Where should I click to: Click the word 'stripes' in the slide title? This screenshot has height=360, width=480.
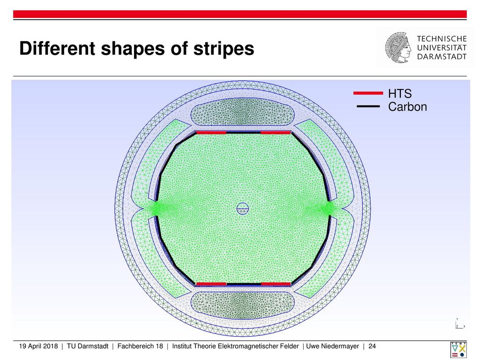coord(224,49)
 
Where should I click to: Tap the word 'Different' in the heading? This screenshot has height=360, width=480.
coord(57,48)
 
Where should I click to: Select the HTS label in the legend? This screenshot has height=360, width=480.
coord(400,93)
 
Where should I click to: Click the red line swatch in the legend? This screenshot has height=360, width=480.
coord(368,93)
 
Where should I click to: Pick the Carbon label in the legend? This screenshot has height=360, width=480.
coord(407,106)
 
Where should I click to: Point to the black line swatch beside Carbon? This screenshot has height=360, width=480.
coord(368,106)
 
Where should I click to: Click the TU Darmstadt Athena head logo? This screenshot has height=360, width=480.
coord(398,47)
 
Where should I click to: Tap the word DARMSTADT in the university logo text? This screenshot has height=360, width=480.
coord(442,57)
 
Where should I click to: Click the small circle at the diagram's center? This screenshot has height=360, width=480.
coord(242,209)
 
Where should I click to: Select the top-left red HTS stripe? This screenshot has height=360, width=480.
coord(211,133)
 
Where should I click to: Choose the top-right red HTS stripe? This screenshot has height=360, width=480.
coord(276,133)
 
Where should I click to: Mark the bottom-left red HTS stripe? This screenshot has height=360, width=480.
coord(211,284)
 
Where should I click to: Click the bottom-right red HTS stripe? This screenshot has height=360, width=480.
coord(276,284)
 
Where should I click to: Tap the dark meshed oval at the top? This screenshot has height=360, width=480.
coord(242,112)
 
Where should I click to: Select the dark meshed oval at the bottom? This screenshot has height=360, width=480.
coord(242,305)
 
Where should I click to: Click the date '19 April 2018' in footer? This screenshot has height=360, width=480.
coord(38,346)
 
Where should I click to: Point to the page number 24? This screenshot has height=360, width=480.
coord(372,346)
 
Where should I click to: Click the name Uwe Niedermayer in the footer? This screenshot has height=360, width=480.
coord(332,346)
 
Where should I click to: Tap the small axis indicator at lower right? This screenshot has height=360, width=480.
coord(460,324)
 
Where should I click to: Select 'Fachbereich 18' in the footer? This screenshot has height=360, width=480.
coord(140,346)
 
